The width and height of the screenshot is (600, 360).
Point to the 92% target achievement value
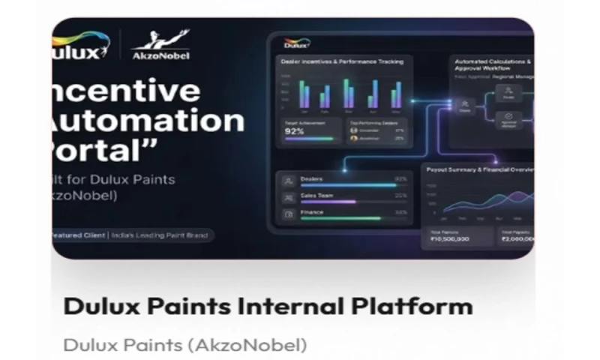coord(295,131)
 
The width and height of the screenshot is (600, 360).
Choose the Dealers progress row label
coord(312,179)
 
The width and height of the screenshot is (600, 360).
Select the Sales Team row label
coord(316,196)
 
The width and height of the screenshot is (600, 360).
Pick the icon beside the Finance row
coord(288,214)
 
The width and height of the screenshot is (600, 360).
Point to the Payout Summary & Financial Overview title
coord(480,170)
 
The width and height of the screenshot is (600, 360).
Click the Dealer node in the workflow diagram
coord(465,106)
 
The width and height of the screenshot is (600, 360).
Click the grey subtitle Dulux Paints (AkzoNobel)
coord(185,344)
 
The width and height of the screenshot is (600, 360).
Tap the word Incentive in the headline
coord(127,90)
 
